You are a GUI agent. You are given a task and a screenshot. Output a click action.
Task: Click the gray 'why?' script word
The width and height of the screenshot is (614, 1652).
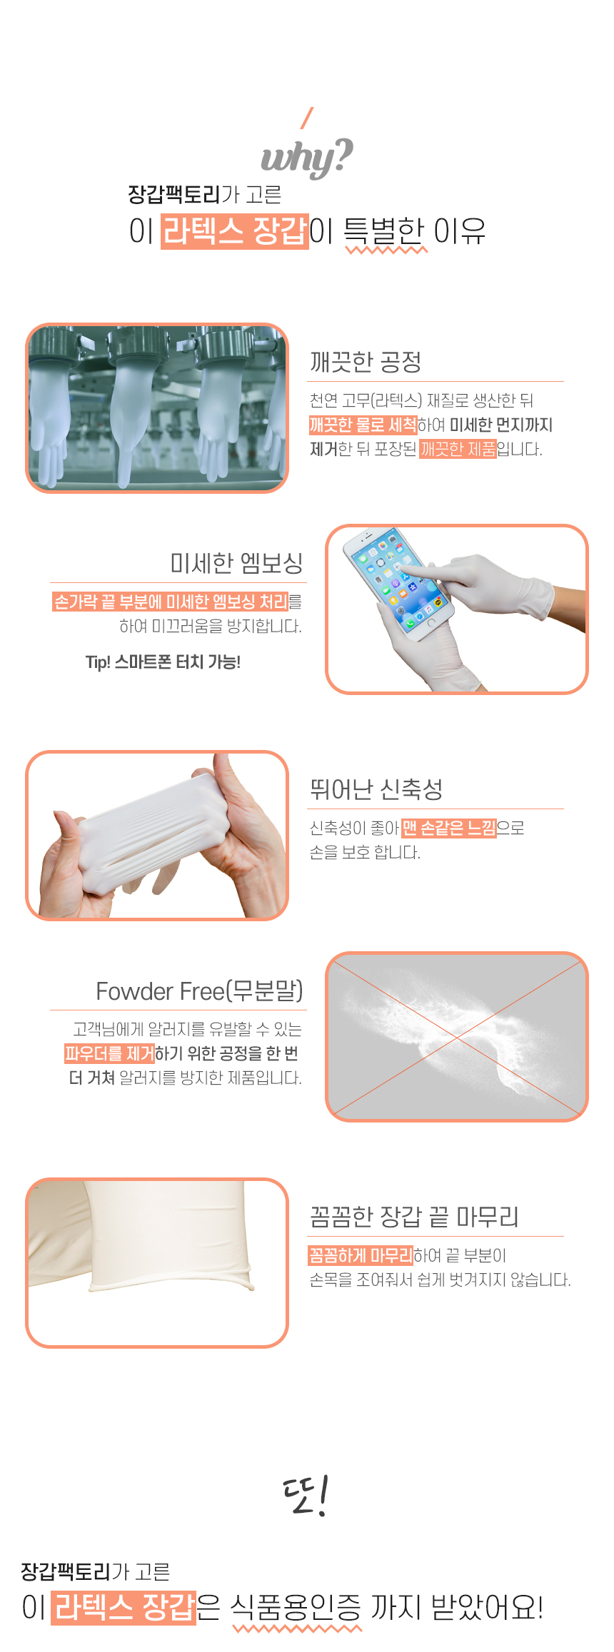pyautogui.click(x=307, y=157)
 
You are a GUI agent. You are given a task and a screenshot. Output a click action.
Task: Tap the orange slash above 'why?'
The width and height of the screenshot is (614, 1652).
pyautogui.click(x=308, y=118)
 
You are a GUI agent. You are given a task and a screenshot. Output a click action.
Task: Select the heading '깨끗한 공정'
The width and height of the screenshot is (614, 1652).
pyautogui.click(x=366, y=362)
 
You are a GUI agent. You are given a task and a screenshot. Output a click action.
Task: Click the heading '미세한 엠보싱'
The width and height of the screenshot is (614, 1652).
pyautogui.click(x=236, y=563)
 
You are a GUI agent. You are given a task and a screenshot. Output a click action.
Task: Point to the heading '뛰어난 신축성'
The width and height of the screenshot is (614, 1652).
pyautogui.click(x=376, y=789)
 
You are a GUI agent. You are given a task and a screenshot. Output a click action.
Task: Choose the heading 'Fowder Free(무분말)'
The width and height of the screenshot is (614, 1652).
pyautogui.click(x=199, y=991)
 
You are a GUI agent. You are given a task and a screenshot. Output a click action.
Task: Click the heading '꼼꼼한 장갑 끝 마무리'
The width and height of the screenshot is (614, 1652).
pyautogui.click(x=414, y=1216)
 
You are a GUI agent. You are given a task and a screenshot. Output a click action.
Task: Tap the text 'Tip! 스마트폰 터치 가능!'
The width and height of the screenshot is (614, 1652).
pyautogui.click(x=163, y=662)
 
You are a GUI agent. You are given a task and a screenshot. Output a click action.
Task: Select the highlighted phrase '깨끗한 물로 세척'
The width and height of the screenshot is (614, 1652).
pyautogui.click(x=363, y=425)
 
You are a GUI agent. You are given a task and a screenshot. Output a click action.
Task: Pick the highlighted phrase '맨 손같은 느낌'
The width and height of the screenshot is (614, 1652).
pyautogui.click(x=448, y=828)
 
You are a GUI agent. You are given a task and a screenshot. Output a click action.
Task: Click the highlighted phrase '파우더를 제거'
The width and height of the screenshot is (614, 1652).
pyautogui.click(x=109, y=1053)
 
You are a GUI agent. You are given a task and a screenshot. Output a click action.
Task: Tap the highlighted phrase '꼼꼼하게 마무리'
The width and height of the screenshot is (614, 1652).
pyautogui.click(x=361, y=1255)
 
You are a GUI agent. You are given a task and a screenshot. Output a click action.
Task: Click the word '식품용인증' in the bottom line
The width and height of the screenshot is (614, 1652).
pyautogui.click(x=296, y=1608)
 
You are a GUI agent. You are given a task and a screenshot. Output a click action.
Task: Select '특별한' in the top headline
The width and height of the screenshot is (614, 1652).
pyautogui.click(x=385, y=230)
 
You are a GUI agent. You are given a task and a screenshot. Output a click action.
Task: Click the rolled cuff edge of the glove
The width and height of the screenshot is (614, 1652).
pyautogui.click(x=171, y=1286)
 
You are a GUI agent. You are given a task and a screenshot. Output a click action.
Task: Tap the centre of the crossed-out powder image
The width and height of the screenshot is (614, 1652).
pyautogui.click(x=457, y=1037)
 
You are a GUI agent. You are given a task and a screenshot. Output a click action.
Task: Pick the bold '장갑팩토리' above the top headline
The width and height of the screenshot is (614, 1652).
pyautogui.click(x=174, y=194)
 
